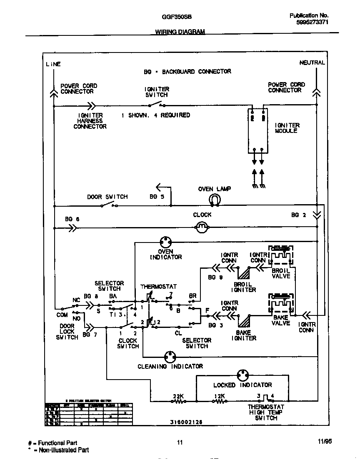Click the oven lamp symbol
click(x=215, y=200)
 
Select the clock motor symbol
click(x=202, y=226)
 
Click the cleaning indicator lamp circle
click(x=170, y=357)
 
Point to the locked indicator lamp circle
click(x=242, y=374)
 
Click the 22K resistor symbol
click(x=179, y=402)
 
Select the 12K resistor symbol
click(x=220, y=402)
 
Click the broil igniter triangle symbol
click(x=244, y=273)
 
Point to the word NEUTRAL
click(x=312, y=62)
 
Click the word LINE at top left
click(x=53, y=64)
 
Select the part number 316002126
click(x=186, y=422)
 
